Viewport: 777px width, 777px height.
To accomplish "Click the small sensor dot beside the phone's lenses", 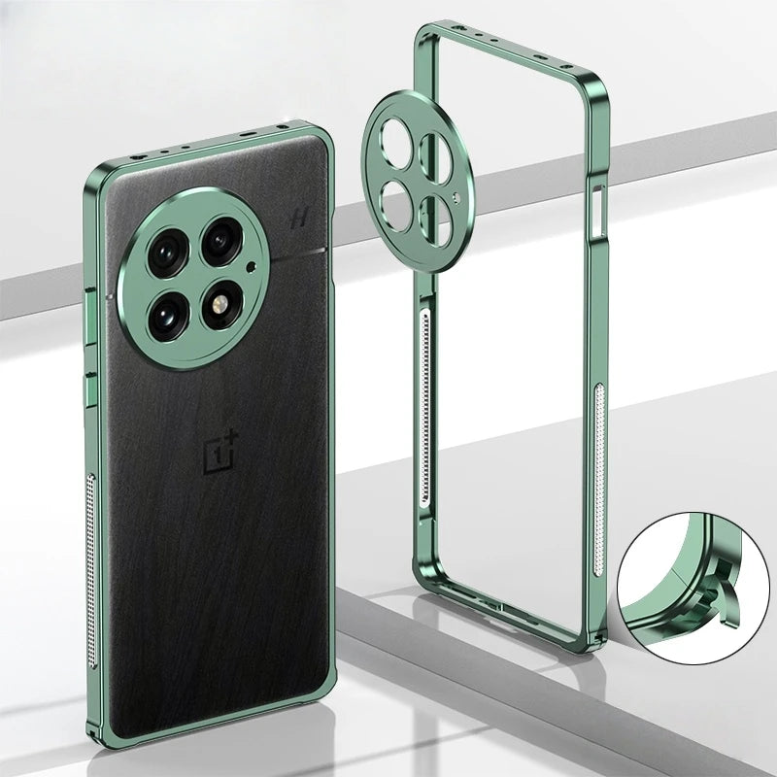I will pyautogui.click(x=252, y=266).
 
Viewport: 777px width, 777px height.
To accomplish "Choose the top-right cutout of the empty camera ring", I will pyautogui.click(x=432, y=155).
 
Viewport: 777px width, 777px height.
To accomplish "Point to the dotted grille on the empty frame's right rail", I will pyautogui.click(x=599, y=447).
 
